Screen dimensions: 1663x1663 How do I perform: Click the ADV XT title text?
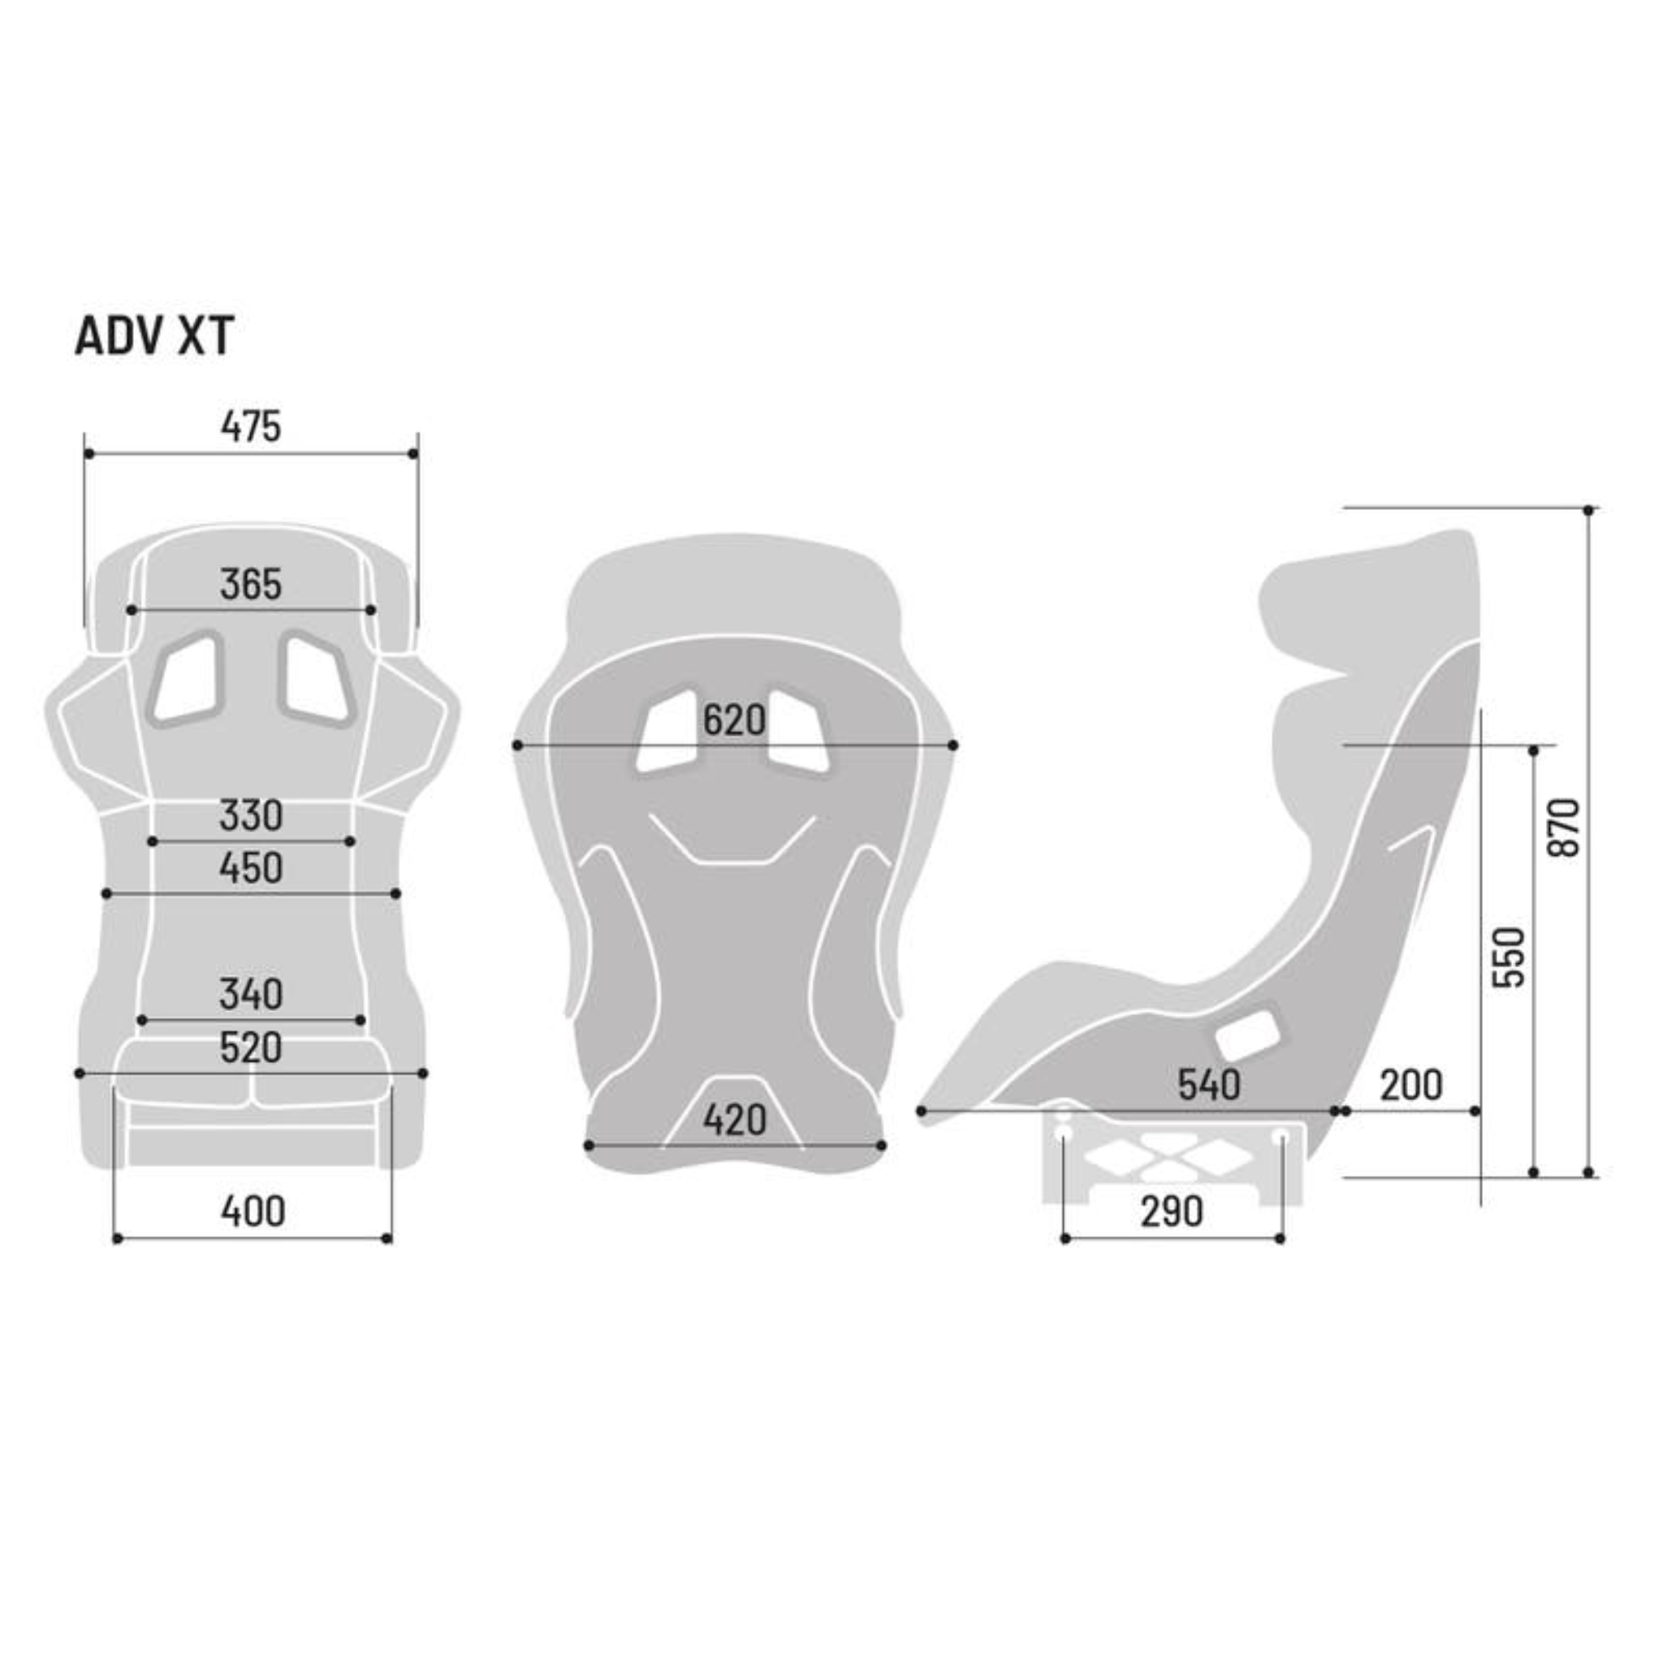[154, 335]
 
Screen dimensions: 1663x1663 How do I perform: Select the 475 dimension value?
[250, 426]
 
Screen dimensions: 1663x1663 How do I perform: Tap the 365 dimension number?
[250, 585]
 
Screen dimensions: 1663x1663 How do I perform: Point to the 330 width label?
[250, 815]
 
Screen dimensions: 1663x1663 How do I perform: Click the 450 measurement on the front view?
[250, 868]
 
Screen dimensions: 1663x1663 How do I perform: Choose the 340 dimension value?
[250, 994]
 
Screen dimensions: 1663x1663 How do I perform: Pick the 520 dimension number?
[250, 1047]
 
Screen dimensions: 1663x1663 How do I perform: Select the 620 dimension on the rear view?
[733, 720]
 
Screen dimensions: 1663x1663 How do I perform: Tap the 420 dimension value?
[733, 1121]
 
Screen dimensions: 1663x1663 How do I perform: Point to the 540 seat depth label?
[1208, 1086]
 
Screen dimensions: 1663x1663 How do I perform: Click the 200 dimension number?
[1410, 1086]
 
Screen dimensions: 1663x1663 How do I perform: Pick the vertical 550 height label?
[1510, 957]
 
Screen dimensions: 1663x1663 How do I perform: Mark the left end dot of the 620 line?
[517, 745]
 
